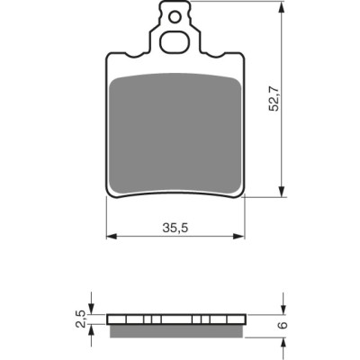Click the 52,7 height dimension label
274,98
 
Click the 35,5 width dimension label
175,229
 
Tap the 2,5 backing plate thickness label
81,319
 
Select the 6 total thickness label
283,325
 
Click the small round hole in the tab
174,17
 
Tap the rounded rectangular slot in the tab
175,42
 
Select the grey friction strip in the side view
176,331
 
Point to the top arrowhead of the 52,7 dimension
282,7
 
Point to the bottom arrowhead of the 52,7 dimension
282,191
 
